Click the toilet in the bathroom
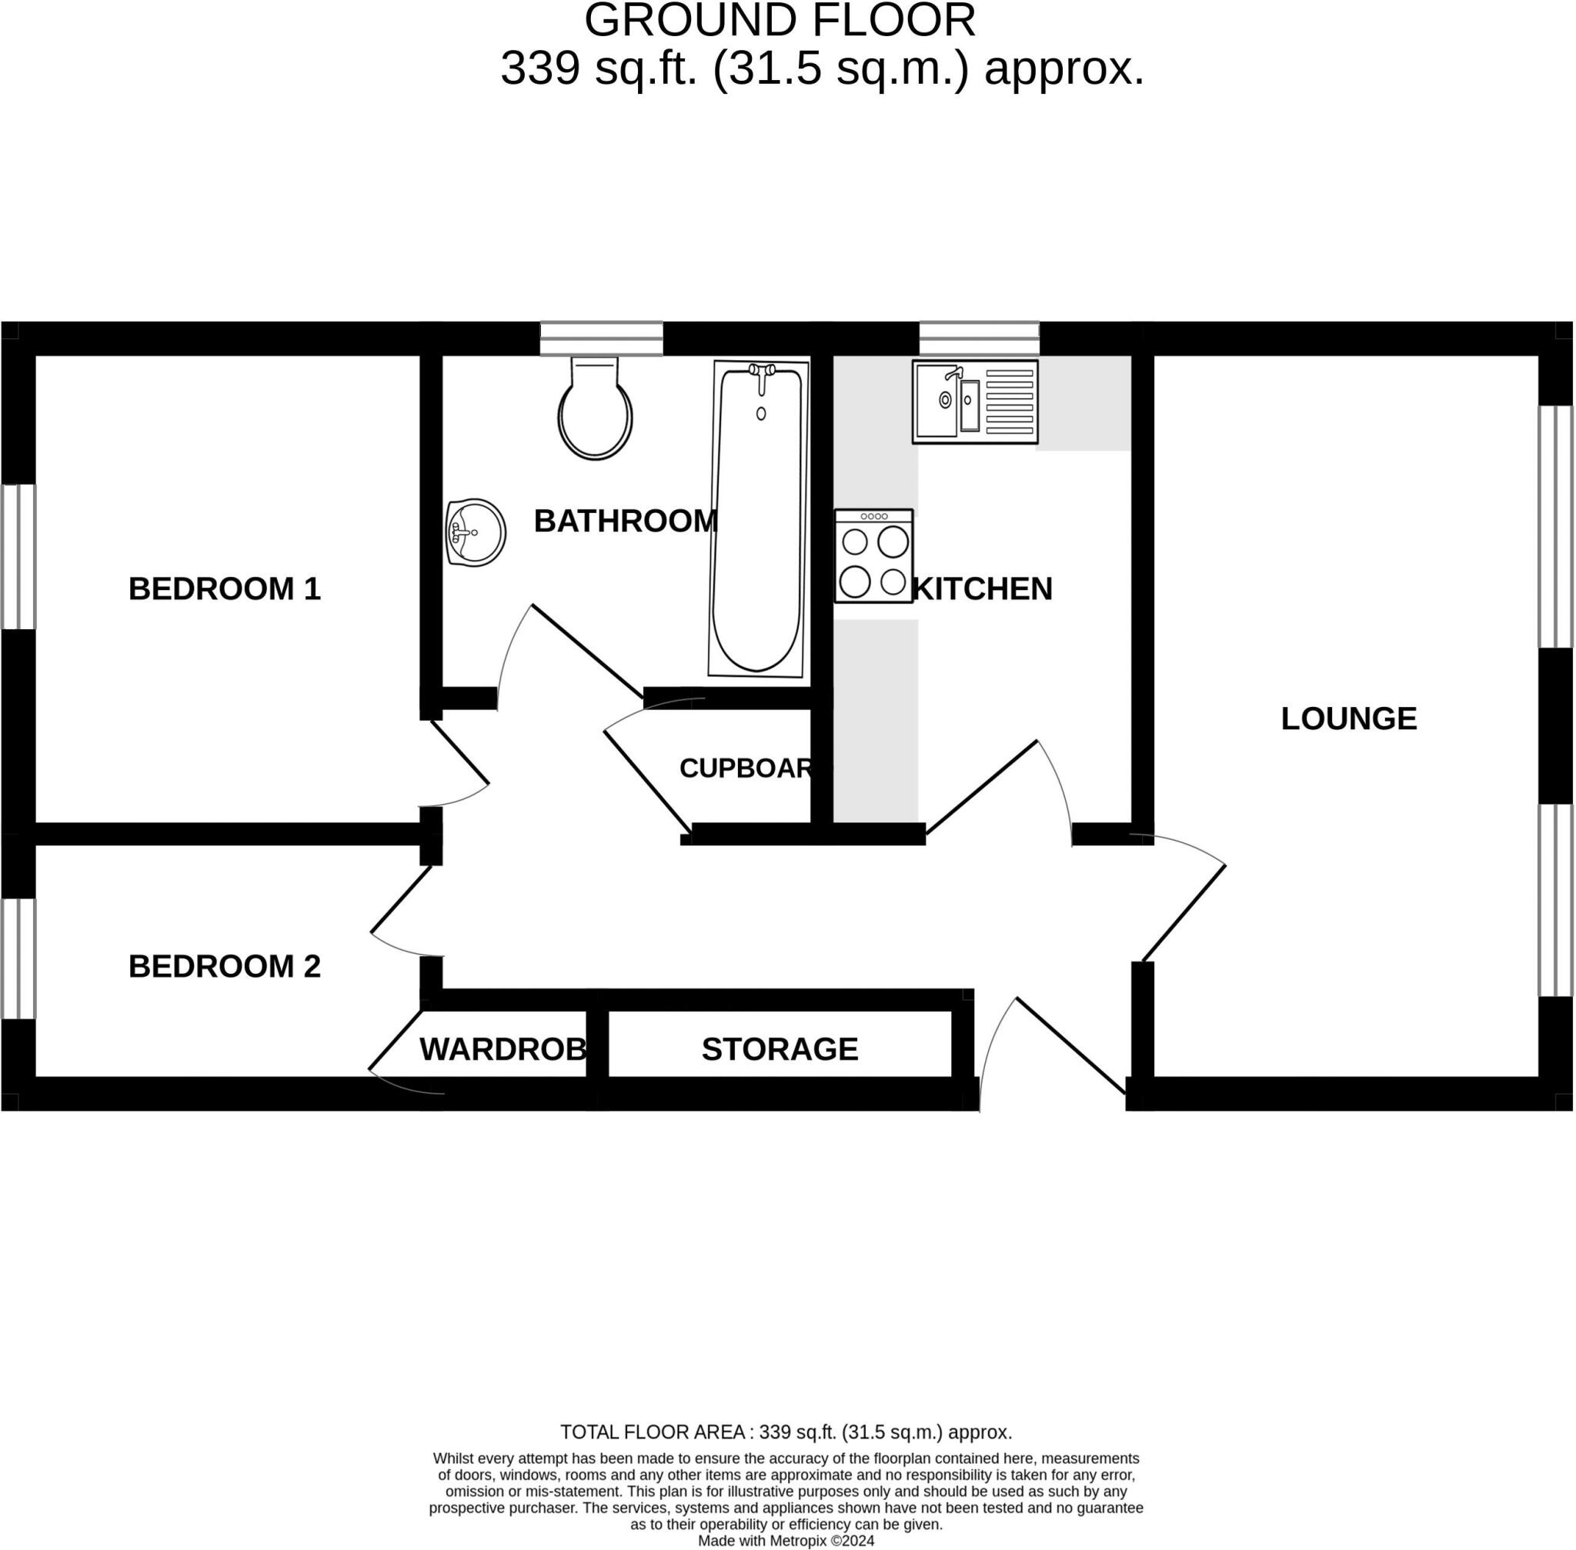tap(595, 407)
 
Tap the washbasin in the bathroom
tap(476, 532)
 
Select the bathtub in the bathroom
tap(758, 518)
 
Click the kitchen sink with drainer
tap(975, 402)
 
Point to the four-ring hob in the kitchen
tap(874, 556)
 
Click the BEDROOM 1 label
tap(225, 588)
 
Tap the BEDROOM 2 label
tap(225, 966)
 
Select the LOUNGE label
tap(1349, 718)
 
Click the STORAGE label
tap(780, 1049)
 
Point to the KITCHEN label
tap(983, 588)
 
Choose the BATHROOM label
tap(626, 521)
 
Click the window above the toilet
tap(601, 338)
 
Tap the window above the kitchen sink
tap(979, 338)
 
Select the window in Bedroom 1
tap(18, 557)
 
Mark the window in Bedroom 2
tap(18, 958)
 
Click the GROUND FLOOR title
tap(780, 20)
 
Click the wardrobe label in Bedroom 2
tap(503, 1049)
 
